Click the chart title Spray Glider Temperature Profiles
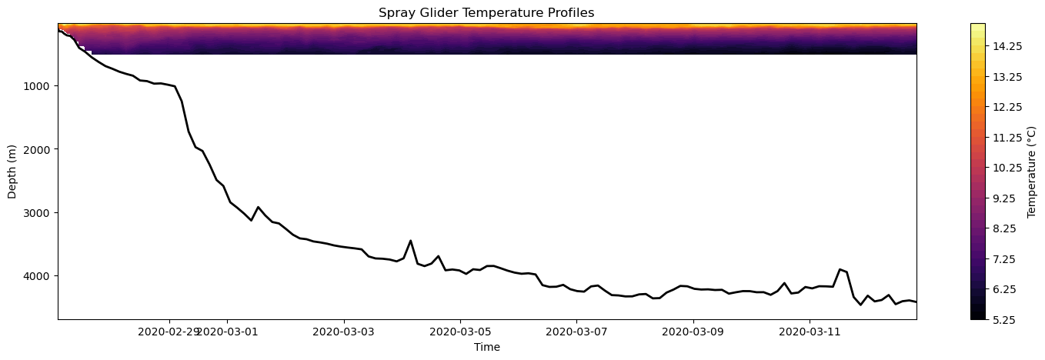click(x=486, y=13)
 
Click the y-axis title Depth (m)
click(x=13, y=171)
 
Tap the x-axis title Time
click(x=486, y=347)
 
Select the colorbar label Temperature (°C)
click(x=1030, y=171)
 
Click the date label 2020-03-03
click(x=344, y=332)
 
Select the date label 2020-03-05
click(x=460, y=332)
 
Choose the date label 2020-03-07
click(x=576, y=332)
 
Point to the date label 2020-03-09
click(x=693, y=332)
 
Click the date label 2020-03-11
click(x=810, y=332)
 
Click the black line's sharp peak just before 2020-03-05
click(x=410, y=241)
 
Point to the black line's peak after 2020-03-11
click(x=840, y=269)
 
